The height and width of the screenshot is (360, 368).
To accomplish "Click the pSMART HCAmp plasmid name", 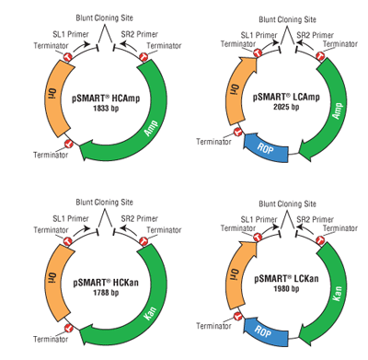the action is [x=106, y=99].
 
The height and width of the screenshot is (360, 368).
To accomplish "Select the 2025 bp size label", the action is [x=286, y=107].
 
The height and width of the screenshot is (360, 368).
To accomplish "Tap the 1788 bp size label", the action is [x=106, y=293].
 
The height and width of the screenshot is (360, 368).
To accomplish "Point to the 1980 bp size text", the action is [x=286, y=289].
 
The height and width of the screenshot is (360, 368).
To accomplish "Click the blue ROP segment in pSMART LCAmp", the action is [x=266, y=148].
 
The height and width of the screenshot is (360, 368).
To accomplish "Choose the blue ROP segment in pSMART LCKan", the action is [x=266, y=332].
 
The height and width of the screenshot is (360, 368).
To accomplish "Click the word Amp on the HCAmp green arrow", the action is [x=152, y=129].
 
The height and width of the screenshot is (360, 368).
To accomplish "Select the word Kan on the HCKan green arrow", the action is [x=151, y=313].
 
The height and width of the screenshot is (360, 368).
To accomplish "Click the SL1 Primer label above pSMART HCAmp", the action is [x=71, y=34].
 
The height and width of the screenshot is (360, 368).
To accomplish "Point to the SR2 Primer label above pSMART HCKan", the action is [x=139, y=218].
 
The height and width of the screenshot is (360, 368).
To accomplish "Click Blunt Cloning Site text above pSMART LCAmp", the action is [x=287, y=19].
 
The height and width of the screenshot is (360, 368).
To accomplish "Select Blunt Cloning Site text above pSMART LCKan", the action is [x=287, y=203].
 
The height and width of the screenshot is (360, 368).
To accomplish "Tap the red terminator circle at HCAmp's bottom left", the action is [x=68, y=143].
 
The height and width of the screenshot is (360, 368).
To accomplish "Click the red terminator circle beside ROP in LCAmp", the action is [x=237, y=132].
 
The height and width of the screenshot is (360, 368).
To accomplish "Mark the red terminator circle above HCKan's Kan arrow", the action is [x=143, y=241].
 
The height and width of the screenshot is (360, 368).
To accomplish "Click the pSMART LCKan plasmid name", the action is [x=286, y=279].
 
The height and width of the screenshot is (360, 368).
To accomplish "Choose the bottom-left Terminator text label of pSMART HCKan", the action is [x=51, y=339].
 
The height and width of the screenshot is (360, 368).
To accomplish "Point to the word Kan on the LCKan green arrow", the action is [x=338, y=294].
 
